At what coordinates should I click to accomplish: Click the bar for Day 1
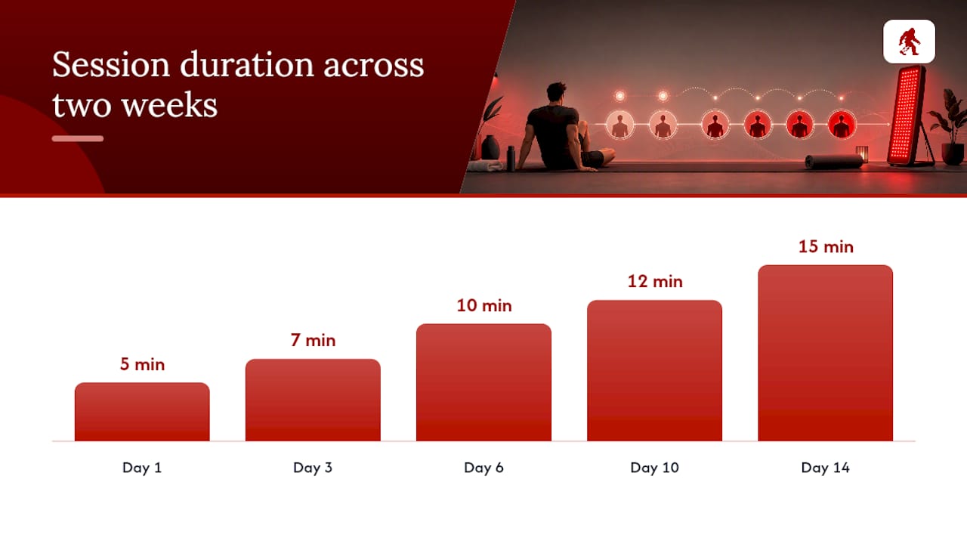[x=142, y=412]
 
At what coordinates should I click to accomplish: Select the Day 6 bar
[x=483, y=382]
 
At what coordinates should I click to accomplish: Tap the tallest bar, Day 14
[x=826, y=353]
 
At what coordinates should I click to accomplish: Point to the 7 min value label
[x=313, y=340]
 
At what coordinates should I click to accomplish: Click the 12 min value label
[x=655, y=282]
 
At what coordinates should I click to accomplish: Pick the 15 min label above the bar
[x=826, y=246]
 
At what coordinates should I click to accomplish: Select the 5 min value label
[x=142, y=364]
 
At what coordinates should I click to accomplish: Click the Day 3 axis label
[x=313, y=468]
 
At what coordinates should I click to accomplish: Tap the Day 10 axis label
[x=654, y=468]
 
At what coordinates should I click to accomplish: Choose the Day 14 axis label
[x=826, y=468]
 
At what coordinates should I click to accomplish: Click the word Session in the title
[x=111, y=65]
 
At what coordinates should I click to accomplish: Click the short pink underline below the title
[x=78, y=138]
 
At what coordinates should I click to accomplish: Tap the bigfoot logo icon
[x=909, y=42]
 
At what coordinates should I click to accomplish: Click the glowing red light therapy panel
[x=906, y=116]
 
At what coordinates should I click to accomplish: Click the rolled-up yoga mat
[x=833, y=162]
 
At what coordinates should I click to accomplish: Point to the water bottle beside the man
[x=511, y=158]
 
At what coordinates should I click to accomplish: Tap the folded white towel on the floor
[x=486, y=165]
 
